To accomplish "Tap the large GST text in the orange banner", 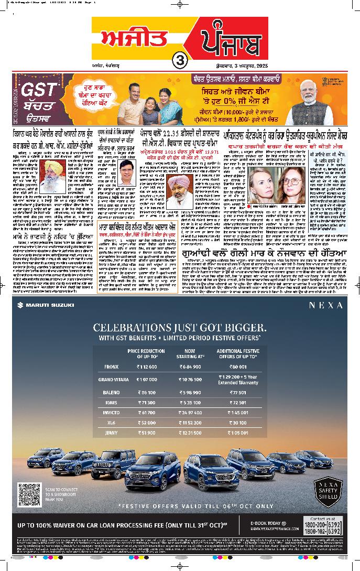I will [x=38, y=89].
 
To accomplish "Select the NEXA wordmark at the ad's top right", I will [x=325, y=305].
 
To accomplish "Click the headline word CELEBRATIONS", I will [x=134, y=327].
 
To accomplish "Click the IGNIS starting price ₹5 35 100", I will [x=190, y=403].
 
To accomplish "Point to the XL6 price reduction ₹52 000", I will [x=146, y=422].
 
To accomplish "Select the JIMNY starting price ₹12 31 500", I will [x=190, y=433].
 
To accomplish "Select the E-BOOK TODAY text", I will [x=268, y=523].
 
